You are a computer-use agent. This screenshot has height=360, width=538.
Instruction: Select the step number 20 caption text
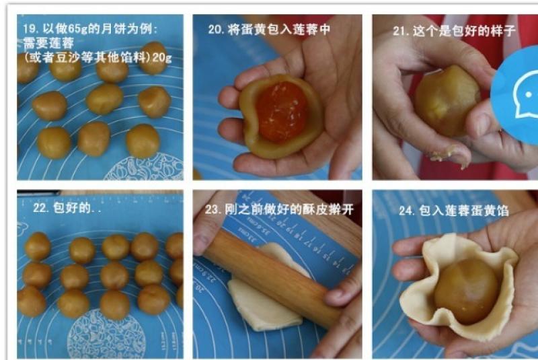point(269,30)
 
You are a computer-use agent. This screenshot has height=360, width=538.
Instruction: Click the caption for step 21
point(453,31)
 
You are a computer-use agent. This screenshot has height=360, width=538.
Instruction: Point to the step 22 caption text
point(67,208)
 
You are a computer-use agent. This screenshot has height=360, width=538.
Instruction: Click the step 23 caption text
point(279,209)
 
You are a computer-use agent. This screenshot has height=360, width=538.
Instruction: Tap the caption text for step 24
point(453,211)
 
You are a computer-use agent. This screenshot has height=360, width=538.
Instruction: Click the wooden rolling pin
point(271,277)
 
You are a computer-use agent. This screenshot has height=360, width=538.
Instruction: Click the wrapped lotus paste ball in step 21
point(447,100)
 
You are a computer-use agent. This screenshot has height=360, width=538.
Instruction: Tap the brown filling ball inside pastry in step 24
point(466,291)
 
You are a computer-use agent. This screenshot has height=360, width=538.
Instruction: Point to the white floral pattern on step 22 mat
point(106,334)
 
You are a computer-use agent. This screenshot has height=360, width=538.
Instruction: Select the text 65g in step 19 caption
point(78,29)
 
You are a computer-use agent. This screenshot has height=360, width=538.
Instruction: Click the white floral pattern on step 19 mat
point(144,168)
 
